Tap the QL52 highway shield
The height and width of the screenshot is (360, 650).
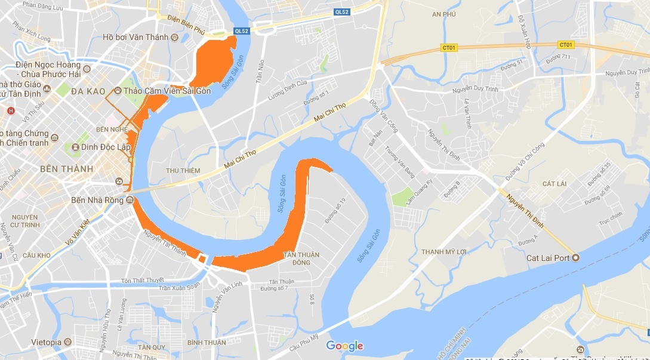(242, 31)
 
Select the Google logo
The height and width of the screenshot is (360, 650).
(344, 346)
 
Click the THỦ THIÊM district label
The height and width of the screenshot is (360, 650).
(183, 170)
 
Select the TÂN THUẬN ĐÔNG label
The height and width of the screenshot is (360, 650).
(301, 259)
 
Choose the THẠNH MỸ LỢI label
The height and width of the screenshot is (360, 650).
(444, 251)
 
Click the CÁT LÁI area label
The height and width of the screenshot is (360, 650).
(556, 183)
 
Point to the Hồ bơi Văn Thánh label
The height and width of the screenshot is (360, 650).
(135, 37)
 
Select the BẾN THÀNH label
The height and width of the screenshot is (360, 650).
(66, 169)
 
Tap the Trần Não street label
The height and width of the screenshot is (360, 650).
(260, 71)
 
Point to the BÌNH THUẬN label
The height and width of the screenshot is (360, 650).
(207, 342)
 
